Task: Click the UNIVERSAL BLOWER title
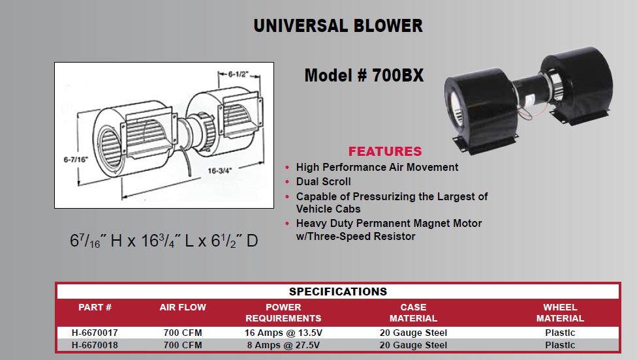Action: [x=338, y=25]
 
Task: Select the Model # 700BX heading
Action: [x=364, y=76]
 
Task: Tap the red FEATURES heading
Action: [x=385, y=151]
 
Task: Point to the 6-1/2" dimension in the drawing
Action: [x=238, y=74]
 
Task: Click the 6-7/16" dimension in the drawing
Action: [x=76, y=160]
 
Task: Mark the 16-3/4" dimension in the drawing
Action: [x=219, y=171]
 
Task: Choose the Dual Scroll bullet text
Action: [x=323, y=181]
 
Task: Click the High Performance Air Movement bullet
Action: [x=377, y=167]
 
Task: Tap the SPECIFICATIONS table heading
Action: [x=338, y=292]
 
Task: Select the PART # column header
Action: [x=95, y=307]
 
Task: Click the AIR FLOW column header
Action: [x=183, y=307]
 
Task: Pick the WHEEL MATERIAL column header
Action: [x=560, y=312]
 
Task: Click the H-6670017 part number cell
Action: [x=95, y=333]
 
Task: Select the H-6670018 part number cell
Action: [x=95, y=346]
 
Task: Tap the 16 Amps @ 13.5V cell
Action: [x=283, y=333]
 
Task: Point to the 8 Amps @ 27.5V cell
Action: [x=283, y=346]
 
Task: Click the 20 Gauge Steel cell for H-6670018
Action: [x=413, y=346]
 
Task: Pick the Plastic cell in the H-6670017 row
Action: [x=560, y=333]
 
